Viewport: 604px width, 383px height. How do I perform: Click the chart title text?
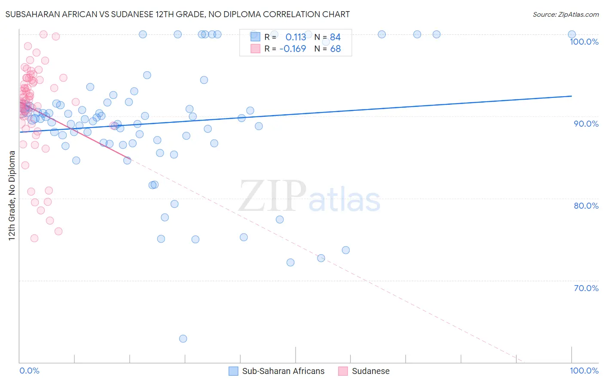click(x=178, y=14)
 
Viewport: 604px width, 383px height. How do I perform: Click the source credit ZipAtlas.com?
click(x=565, y=15)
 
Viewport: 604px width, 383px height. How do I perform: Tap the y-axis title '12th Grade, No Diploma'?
click(x=12, y=195)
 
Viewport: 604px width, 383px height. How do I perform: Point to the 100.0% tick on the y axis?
click(x=584, y=42)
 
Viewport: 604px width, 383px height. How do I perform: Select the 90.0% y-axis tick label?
click(x=586, y=124)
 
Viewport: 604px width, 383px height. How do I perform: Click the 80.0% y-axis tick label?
click(x=586, y=206)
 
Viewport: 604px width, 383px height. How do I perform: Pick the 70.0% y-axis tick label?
click(x=586, y=288)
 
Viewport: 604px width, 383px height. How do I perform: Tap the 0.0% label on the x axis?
click(x=29, y=371)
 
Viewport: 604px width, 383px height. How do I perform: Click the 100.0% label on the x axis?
click(x=584, y=371)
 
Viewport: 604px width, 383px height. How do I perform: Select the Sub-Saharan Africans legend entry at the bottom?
click(x=277, y=371)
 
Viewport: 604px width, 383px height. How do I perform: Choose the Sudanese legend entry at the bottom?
click(x=364, y=371)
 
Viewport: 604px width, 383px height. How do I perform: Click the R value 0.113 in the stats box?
click(x=296, y=37)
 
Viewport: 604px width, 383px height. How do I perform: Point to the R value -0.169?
click(x=293, y=49)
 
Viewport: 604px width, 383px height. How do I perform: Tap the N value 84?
click(x=335, y=37)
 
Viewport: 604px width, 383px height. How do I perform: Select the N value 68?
click(x=335, y=49)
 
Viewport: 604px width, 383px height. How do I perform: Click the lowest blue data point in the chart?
click(x=183, y=339)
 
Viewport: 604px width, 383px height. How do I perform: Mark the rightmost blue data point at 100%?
click(x=572, y=34)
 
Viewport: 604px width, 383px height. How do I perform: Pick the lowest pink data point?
click(x=34, y=238)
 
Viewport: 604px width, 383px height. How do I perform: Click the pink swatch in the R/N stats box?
click(x=255, y=49)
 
